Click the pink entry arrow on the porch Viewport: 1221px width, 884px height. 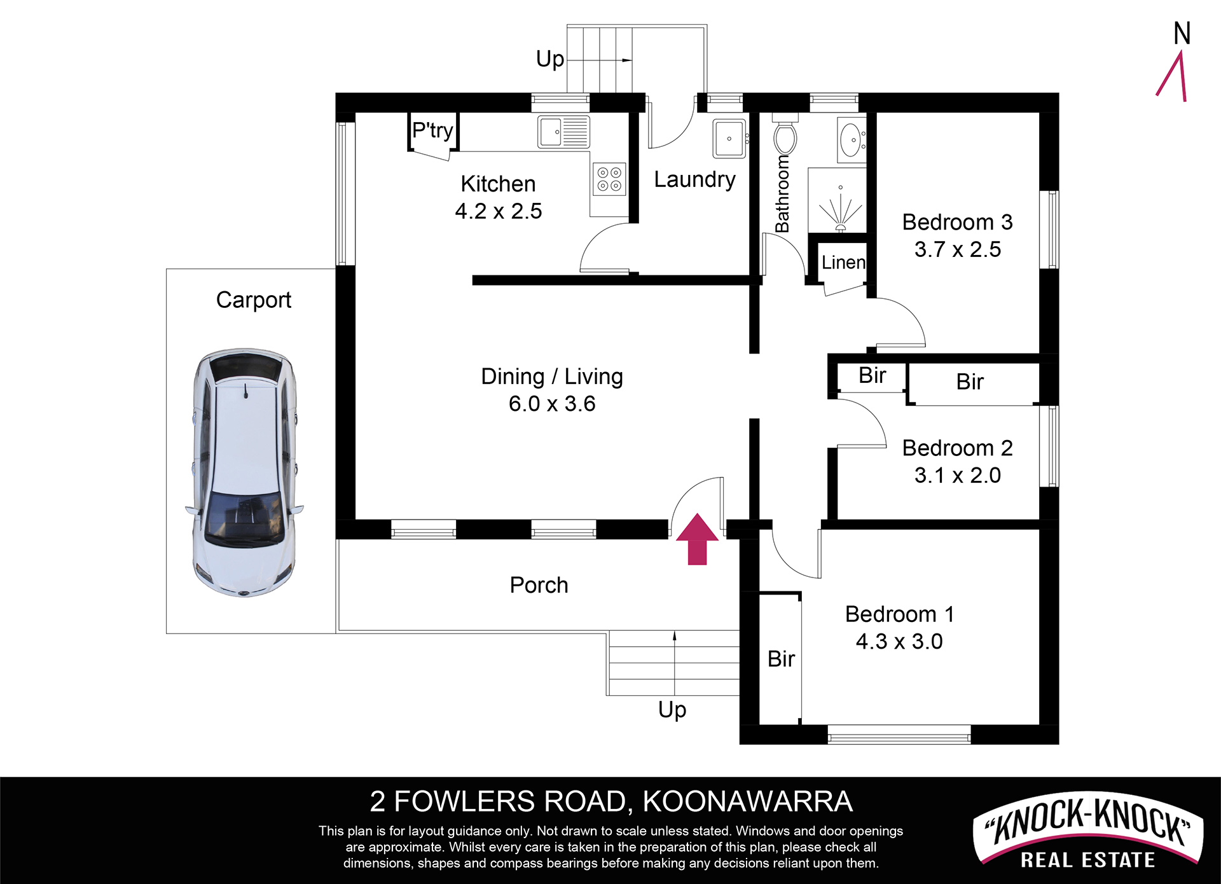pyautogui.click(x=697, y=539)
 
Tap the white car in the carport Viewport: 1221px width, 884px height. pyautogui.click(x=245, y=472)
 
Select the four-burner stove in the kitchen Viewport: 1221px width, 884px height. pyautogui.click(x=609, y=179)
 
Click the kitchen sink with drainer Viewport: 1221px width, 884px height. pyautogui.click(x=563, y=132)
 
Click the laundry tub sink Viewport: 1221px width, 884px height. pyautogui.click(x=729, y=138)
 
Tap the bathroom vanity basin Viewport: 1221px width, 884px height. pyautogui.click(x=851, y=139)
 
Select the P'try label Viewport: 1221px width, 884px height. pyautogui.click(x=432, y=130)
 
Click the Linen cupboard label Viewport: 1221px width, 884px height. pyautogui.click(x=843, y=262)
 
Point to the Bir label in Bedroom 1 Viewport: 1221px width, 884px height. pyautogui.click(x=781, y=659)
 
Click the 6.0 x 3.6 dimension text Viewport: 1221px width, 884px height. pyautogui.click(x=552, y=403)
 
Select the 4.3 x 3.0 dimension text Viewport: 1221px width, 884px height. pyautogui.click(x=899, y=641)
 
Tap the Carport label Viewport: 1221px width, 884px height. pyautogui.click(x=254, y=300)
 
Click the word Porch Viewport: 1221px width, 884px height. pyautogui.click(x=539, y=585)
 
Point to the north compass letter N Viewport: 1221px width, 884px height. pyautogui.click(x=1182, y=33)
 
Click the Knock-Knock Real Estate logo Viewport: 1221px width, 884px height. pyautogui.click(x=1088, y=832)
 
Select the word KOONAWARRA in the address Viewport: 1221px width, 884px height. pyautogui.click(x=748, y=801)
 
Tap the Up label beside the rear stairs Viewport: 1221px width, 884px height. pyautogui.click(x=550, y=59)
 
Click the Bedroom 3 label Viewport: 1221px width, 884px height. pyautogui.click(x=957, y=222)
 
